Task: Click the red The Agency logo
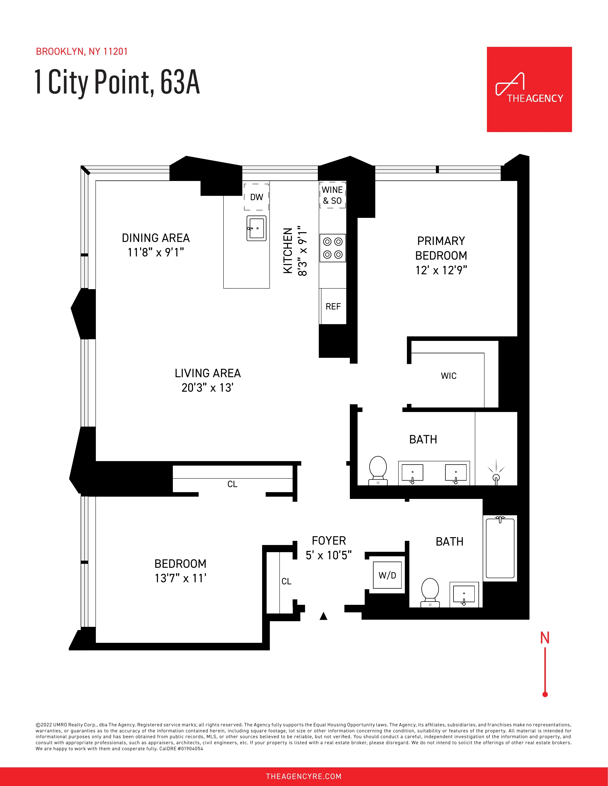(529, 89)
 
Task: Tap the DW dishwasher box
(256, 197)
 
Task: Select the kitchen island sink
(256, 228)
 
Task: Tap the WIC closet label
(449, 376)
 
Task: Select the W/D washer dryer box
(387, 575)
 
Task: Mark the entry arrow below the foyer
(323, 616)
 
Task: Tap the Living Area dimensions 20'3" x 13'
(207, 388)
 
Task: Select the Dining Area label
(156, 238)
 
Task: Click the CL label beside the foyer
(286, 581)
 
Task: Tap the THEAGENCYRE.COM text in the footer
(304, 776)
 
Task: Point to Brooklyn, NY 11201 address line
(82, 52)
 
